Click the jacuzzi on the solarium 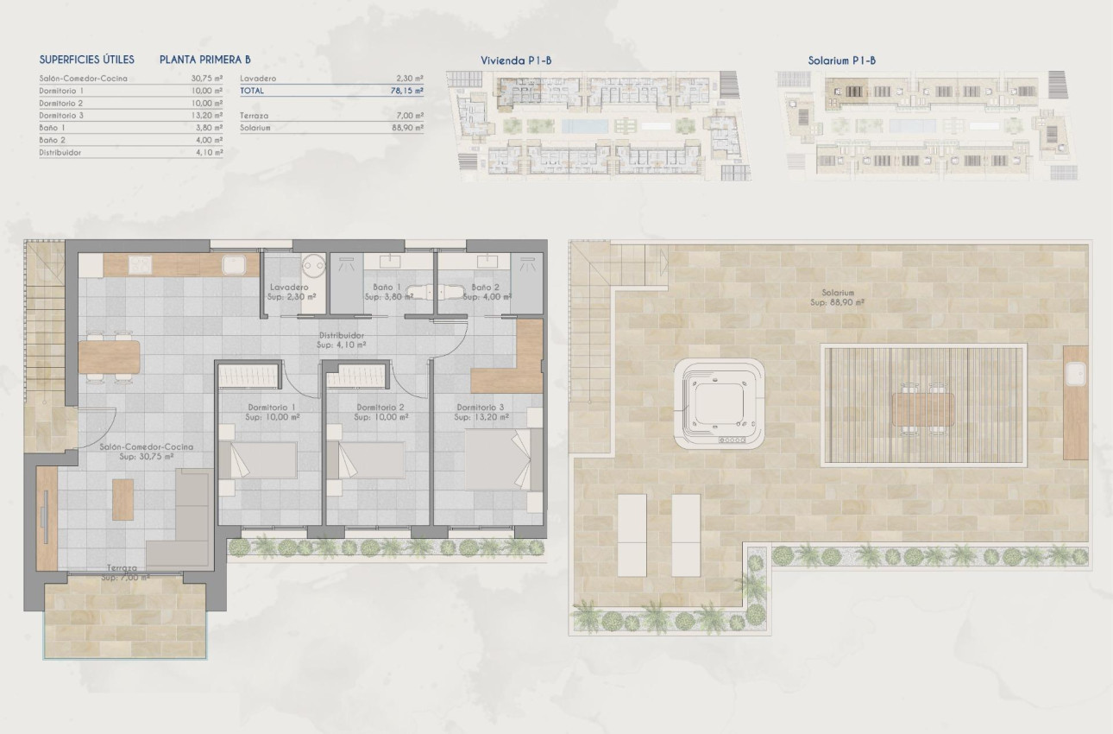point(720,403)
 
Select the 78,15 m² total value point(406,90)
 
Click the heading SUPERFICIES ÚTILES point(87,60)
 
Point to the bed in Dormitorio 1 point(258,460)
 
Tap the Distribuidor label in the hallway point(341,335)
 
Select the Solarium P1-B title point(842,60)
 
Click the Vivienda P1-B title point(516,60)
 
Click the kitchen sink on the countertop point(232,263)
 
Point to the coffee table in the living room point(123,499)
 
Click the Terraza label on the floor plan point(122,569)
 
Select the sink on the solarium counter point(1075,374)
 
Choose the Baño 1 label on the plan point(387,288)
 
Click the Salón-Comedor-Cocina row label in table point(84,79)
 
